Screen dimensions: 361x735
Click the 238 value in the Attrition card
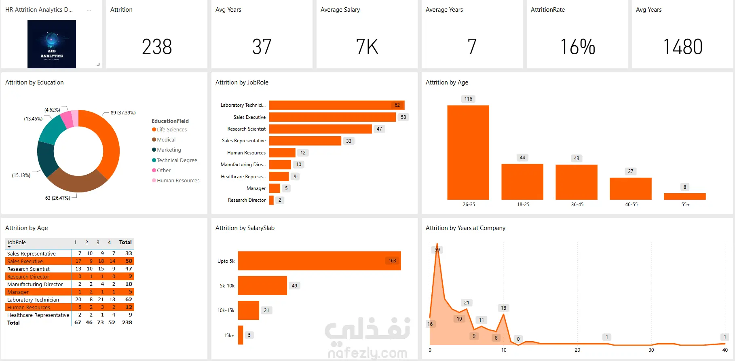coord(157,47)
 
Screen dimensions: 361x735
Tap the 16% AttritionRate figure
coord(577,47)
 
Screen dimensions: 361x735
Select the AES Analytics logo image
coord(52,44)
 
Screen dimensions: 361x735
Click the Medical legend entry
coord(166,140)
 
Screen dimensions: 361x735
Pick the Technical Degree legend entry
coord(177,160)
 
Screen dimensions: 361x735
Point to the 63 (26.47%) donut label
coord(57,198)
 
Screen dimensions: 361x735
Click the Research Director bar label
coord(247,200)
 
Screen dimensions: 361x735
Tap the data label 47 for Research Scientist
coord(379,129)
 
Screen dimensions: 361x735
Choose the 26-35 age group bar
coord(468,152)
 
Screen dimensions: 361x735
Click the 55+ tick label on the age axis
coord(685,205)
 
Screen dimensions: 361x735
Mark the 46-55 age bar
coord(631,188)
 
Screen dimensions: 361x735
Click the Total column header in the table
coord(125,243)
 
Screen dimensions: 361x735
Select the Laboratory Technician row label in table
coord(33,300)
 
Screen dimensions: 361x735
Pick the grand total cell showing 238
coord(127,323)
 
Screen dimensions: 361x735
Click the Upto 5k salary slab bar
coord(319,261)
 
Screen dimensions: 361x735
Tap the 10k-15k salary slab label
coord(226,310)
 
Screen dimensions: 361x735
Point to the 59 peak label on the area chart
coord(437,250)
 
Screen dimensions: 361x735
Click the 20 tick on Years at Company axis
coord(577,350)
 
